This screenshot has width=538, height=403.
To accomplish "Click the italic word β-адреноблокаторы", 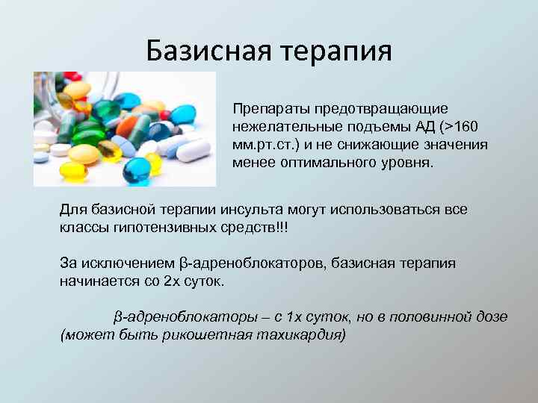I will pos(176,317).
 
